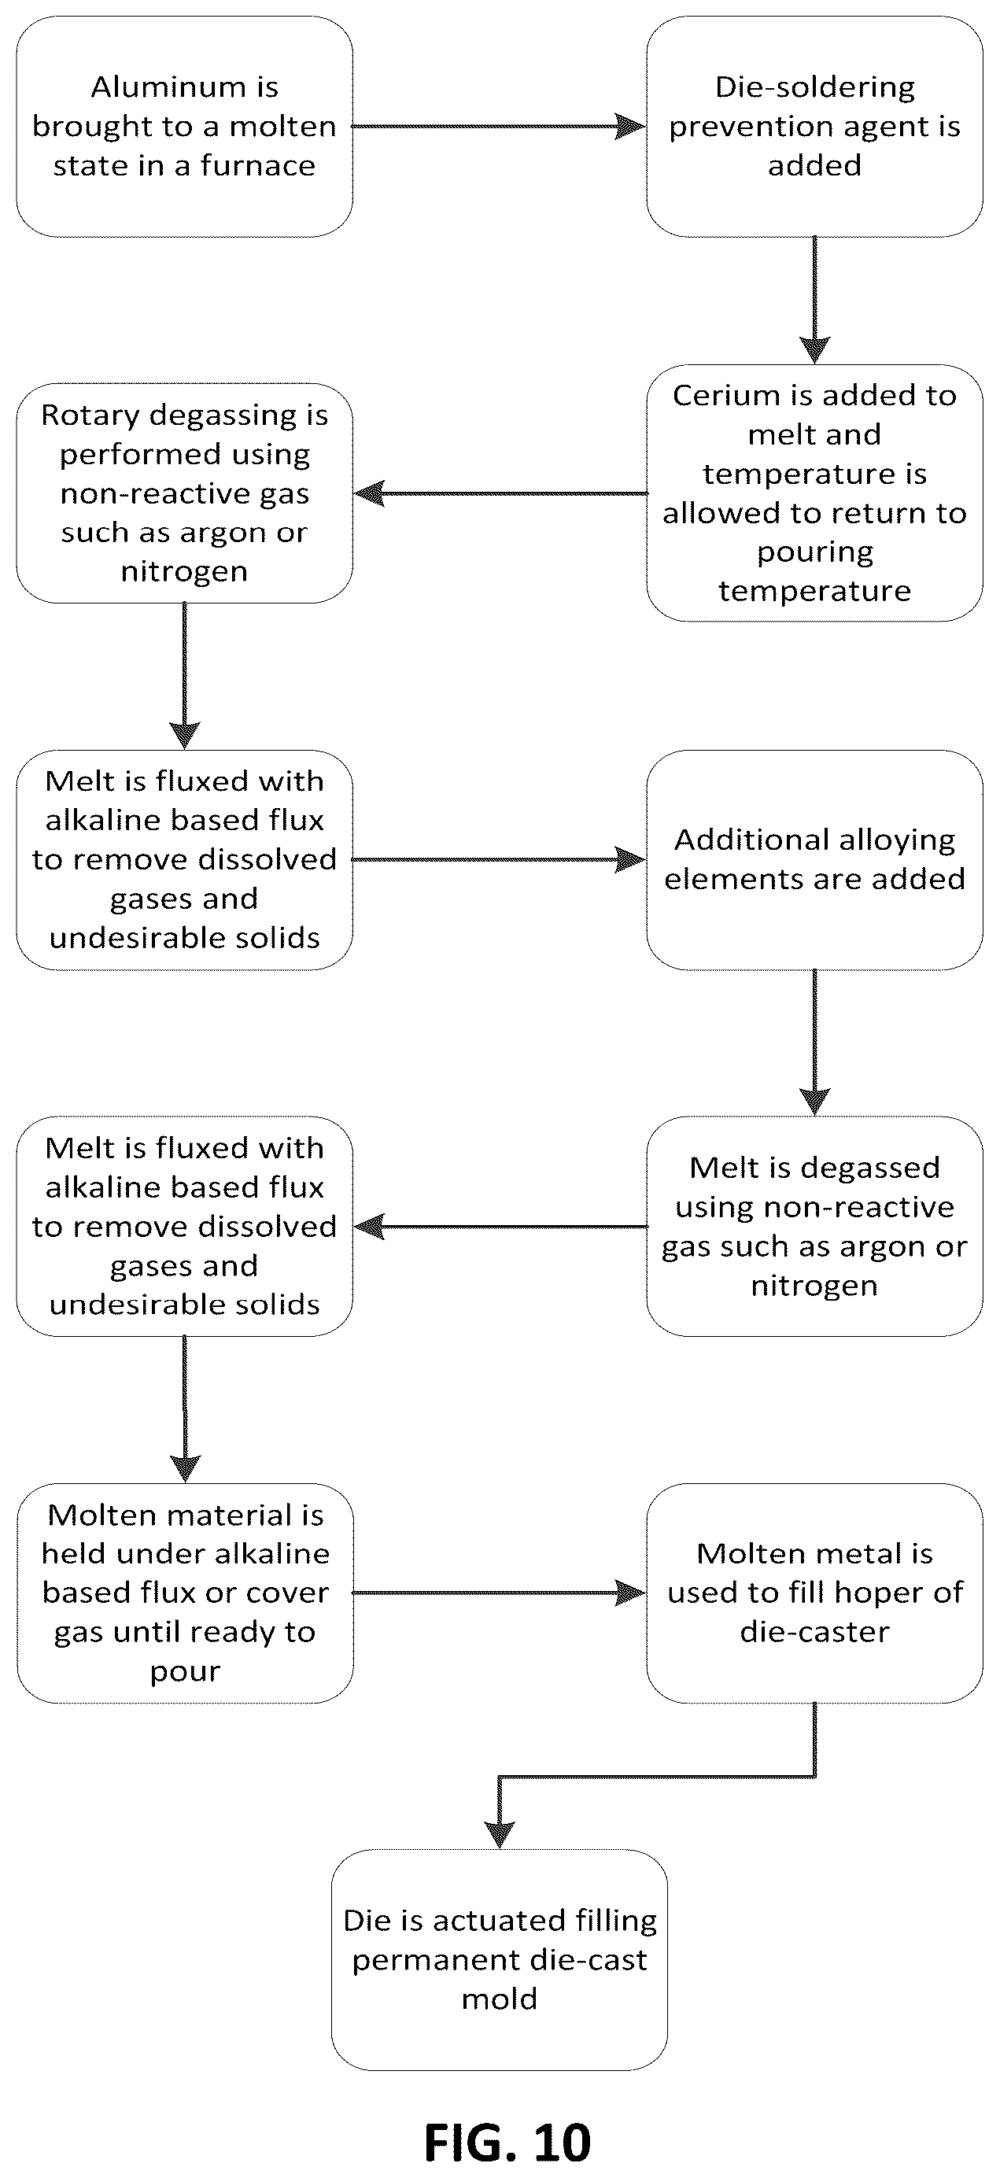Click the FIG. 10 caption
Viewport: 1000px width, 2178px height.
(x=507, y=2142)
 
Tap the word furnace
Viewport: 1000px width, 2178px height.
(x=258, y=166)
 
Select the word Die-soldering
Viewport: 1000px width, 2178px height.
(x=815, y=88)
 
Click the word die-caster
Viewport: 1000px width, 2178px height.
(x=815, y=1632)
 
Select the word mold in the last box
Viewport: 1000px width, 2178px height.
(x=500, y=1999)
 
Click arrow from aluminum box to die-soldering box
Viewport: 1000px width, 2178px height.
(x=499, y=127)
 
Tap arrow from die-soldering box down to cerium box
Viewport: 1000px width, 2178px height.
(x=815, y=300)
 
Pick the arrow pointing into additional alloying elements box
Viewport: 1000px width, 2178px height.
(x=499, y=860)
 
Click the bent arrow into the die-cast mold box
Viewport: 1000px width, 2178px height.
(x=659, y=1777)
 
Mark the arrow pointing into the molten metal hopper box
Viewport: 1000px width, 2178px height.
(x=499, y=1593)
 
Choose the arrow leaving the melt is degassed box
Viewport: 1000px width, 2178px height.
(x=500, y=1226)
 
